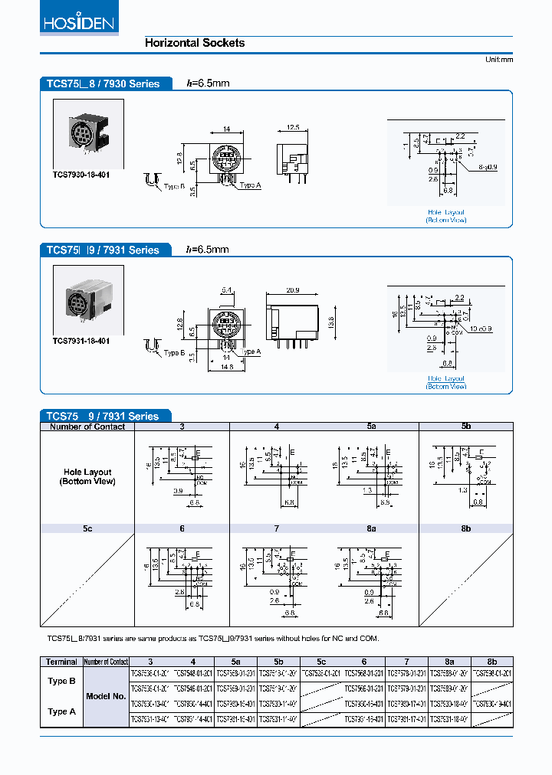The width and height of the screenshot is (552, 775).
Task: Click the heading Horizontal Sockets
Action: click(195, 43)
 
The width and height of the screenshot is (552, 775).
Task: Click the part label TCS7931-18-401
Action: click(80, 340)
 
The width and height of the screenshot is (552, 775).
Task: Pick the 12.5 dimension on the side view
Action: click(292, 127)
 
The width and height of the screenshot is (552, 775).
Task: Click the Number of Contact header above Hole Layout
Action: click(87, 427)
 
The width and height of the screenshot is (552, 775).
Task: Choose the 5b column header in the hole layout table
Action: click(465, 427)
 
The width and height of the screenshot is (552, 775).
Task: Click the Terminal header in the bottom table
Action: click(61, 662)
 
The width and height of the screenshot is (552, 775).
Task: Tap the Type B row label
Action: click(61, 680)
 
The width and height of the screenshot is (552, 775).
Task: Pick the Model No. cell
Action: click(107, 696)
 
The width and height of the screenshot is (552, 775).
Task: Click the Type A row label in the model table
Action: click(61, 711)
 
